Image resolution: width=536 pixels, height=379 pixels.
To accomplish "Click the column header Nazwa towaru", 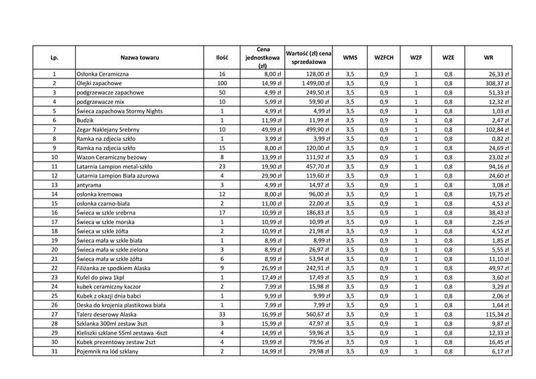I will click(139, 58).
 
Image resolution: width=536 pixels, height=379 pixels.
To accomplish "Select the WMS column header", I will click(350, 58).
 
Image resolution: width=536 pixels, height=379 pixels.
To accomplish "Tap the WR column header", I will click(488, 58).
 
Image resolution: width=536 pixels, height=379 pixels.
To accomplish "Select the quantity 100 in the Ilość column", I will click(222, 83).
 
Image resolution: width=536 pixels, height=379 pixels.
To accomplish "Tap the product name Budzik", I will click(87, 120).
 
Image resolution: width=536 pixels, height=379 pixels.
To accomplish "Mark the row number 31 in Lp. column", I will click(54, 351).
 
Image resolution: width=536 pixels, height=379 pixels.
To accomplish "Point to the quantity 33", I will click(222, 315).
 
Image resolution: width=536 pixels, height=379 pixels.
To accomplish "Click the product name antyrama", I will click(90, 185).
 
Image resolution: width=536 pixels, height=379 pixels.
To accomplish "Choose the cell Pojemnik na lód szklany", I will click(110, 351).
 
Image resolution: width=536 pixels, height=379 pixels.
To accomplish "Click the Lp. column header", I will click(54, 58).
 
